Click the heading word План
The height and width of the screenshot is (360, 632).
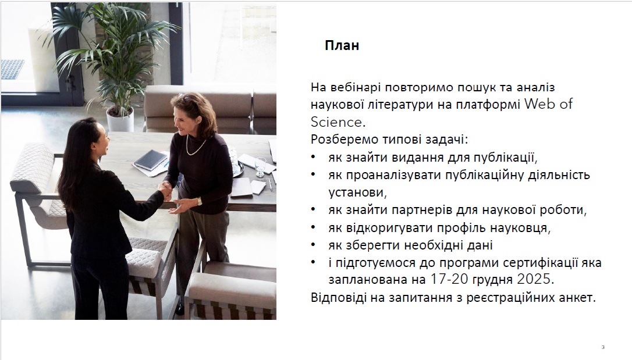[x=342, y=45]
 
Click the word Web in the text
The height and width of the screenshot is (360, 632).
[x=539, y=104]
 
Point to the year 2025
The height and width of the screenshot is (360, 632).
[x=534, y=279]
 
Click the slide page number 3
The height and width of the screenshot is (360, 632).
[x=603, y=347]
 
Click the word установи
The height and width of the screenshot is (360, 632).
[x=357, y=193]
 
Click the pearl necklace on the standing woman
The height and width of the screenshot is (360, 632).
[x=195, y=147]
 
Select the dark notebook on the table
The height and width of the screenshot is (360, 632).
[x=151, y=160]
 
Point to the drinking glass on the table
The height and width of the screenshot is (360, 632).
[x=260, y=166]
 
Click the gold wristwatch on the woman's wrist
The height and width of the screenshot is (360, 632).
[x=199, y=201]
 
